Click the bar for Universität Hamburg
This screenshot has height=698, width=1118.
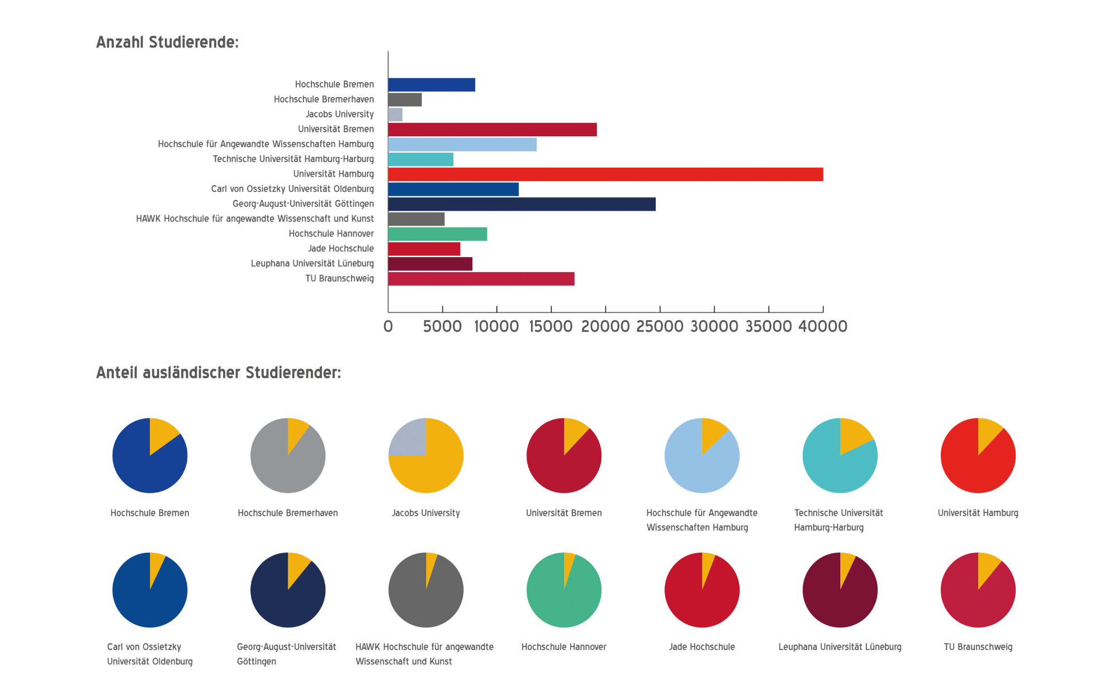point(605,174)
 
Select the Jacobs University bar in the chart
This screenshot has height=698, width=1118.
point(395,115)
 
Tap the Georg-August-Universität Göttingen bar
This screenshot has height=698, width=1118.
point(522,204)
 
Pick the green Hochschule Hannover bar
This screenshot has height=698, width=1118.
point(437,234)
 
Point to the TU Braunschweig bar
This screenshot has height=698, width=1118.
point(481,279)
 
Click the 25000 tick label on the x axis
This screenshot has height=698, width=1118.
point(660,326)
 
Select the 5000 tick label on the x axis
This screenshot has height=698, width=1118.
point(442,326)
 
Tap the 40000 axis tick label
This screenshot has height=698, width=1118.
point(823,326)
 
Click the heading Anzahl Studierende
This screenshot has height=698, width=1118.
point(167,42)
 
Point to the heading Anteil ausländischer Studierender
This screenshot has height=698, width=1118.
point(219,373)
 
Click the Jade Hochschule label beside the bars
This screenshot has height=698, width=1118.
point(340,249)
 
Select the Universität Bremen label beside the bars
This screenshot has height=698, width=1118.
point(335,129)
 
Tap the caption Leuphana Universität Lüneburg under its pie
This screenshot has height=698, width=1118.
point(840,647)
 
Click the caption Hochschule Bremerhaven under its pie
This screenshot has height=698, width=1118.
point(287,513)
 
